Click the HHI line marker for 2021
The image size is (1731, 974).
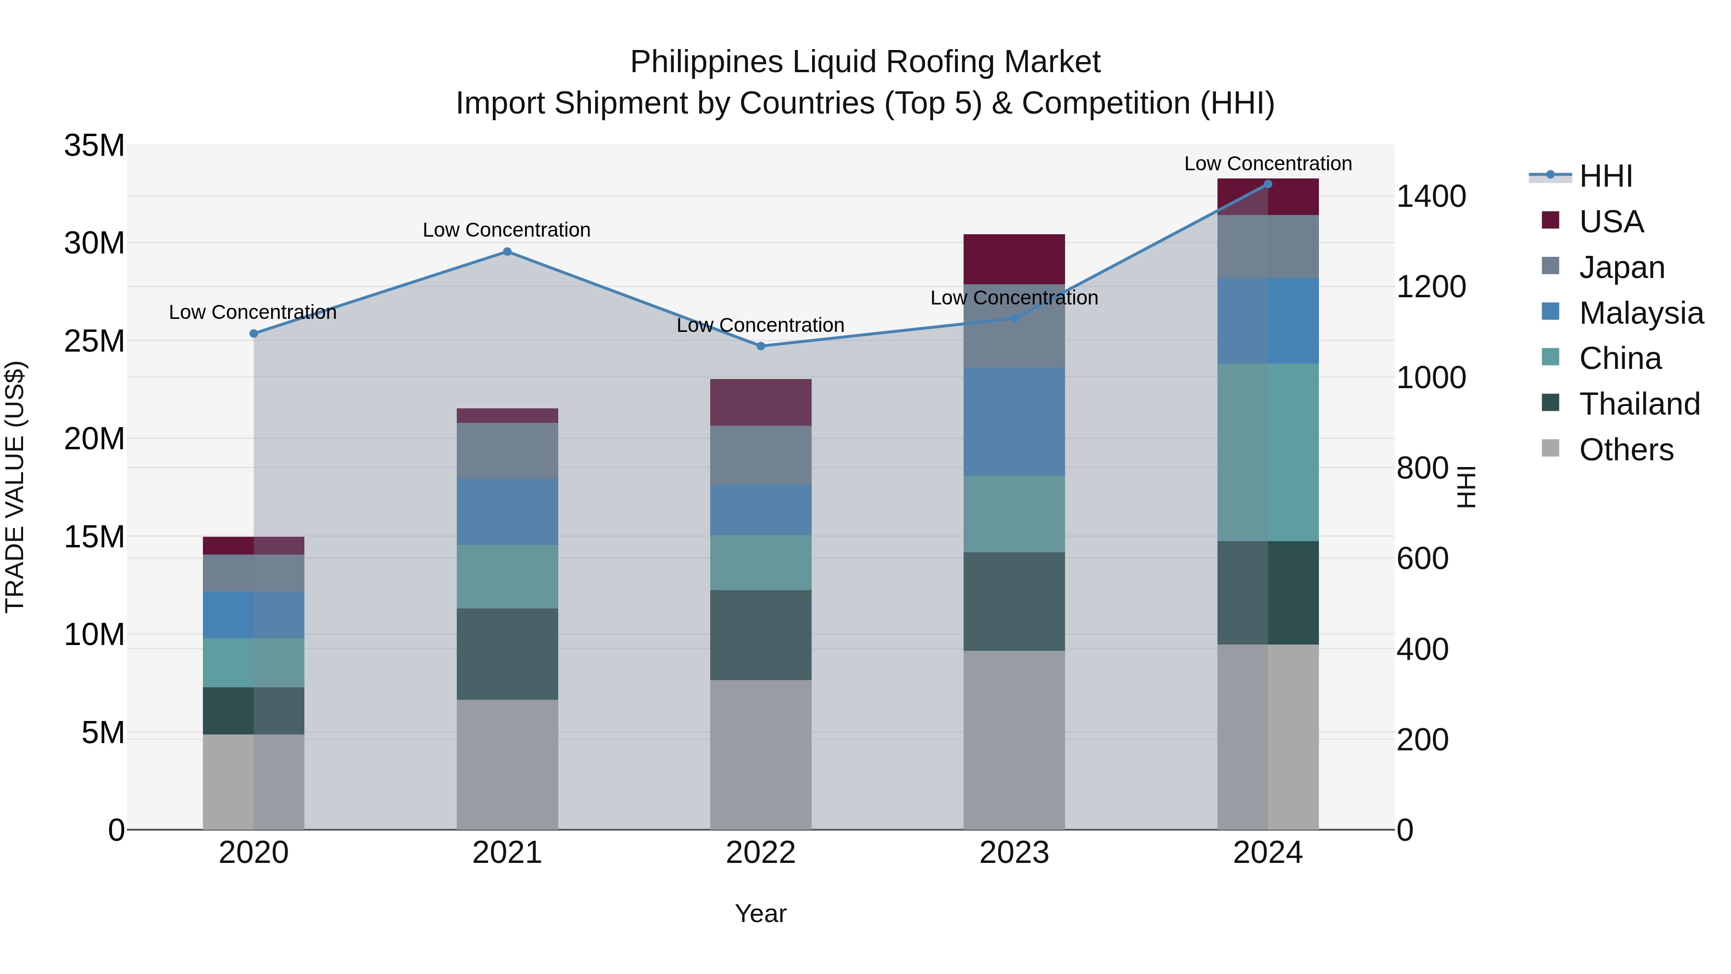pos(507,252)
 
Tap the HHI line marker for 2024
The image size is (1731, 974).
pos(1268,184)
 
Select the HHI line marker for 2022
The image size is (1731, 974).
pos(761,346)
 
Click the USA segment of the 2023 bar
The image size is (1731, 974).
pos(1014,259)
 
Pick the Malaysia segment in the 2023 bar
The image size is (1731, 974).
pos(1014,421)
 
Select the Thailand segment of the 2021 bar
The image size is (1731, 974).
pos(507,654)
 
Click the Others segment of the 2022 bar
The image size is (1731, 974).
pos(761,754)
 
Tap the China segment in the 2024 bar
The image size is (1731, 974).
pos(1268,453)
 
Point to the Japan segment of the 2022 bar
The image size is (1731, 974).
pos(761,455)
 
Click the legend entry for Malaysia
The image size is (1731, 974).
pos(1641,313)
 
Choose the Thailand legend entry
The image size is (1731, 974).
pos(1639,404)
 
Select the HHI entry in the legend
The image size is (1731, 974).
pos(1606,176)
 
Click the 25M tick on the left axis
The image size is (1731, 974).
pos(94,342)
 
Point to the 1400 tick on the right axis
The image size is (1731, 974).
pos(1431,197)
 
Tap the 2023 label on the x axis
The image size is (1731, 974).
pos(1014,853)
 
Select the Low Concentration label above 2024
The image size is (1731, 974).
pos(1268,164)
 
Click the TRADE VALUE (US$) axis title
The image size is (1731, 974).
pos(15,487)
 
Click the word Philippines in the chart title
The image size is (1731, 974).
pos(706,63)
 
